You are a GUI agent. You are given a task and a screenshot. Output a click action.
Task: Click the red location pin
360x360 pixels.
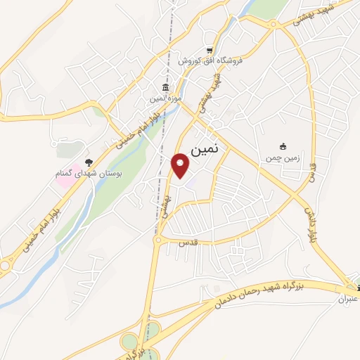pyautogui.click(x=181, y=166)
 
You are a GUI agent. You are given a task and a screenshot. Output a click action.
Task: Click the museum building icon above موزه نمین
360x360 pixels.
pyautogui.click(x=165, y=87)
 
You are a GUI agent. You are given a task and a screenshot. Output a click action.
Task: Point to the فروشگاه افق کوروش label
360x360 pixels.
pyautogui.click(x=209, y=61)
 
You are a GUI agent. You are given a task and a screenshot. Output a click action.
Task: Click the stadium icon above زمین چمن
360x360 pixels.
pyautogui.click(x=283, y=146)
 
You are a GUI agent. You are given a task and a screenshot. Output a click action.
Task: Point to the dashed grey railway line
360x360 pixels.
pyautogui.click(x=162, y=176)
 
